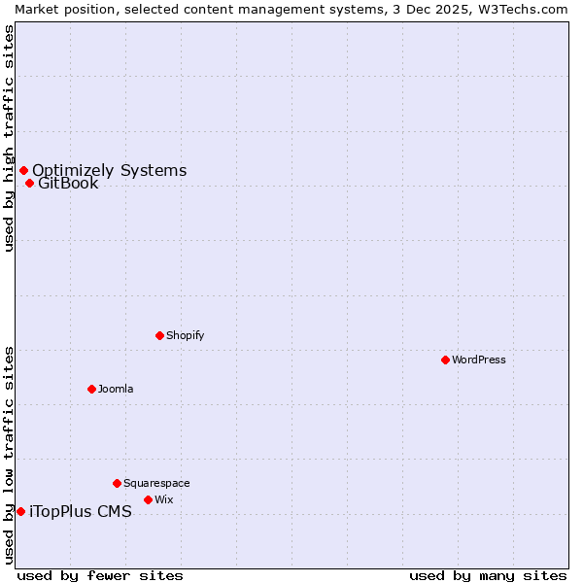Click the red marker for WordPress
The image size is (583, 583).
coord(445,360)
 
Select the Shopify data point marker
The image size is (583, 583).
coord(159,335)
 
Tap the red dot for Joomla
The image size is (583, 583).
coord(91,389)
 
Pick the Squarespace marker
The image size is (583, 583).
coord(117,483)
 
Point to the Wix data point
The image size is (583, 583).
coord(148,499)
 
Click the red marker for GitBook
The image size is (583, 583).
coord(29,183)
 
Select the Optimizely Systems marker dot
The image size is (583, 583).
coord(23,171)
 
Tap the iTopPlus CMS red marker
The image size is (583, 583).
coord(20,511)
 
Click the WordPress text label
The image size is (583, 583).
coord(478,360)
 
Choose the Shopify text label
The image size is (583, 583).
coord(185,335)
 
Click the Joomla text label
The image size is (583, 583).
coord(116,389)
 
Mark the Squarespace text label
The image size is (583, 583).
coord(156,483)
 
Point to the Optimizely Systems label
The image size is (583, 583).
coord(109,171)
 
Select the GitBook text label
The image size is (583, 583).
coord(68,184)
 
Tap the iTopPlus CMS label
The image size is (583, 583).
coord(80,512)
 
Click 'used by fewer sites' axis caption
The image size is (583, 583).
coord(100,575)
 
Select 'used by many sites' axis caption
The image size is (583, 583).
coord(488,575)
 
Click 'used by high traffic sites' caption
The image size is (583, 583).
coord(9,138)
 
